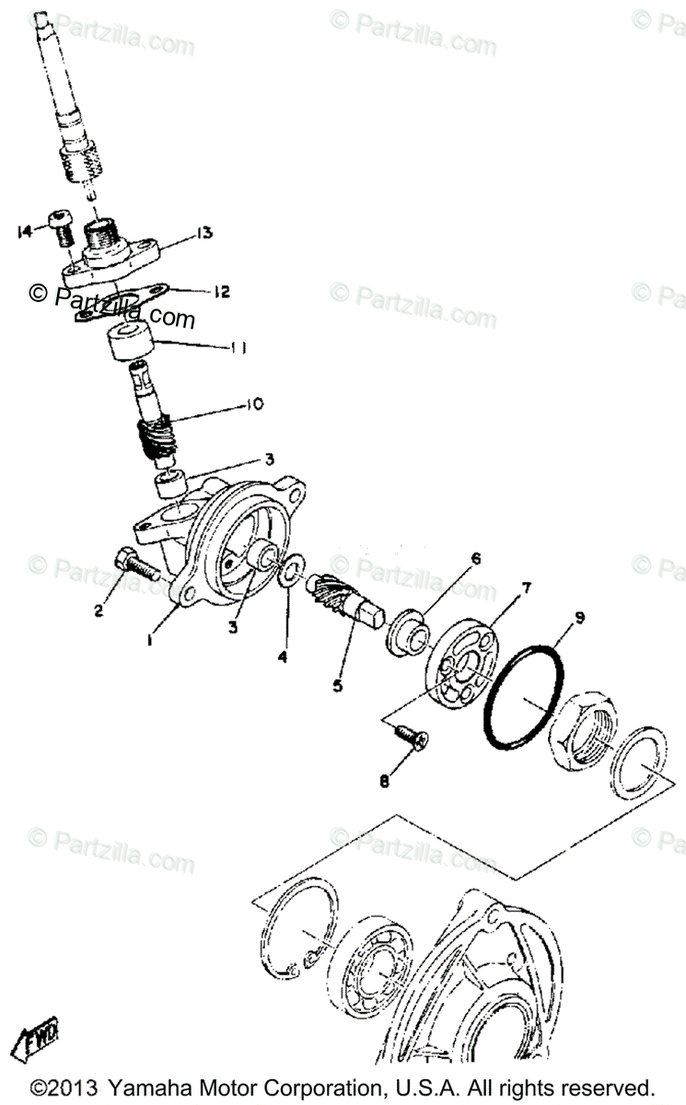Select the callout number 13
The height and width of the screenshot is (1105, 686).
pos(203,233)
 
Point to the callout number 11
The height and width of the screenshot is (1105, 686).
pos(238,347)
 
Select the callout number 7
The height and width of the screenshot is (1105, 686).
pos(526,587)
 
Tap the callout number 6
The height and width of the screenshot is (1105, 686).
pos(476,558)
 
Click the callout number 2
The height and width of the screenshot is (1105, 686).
pos(99,611)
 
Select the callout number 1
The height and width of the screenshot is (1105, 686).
pos(150,636)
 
